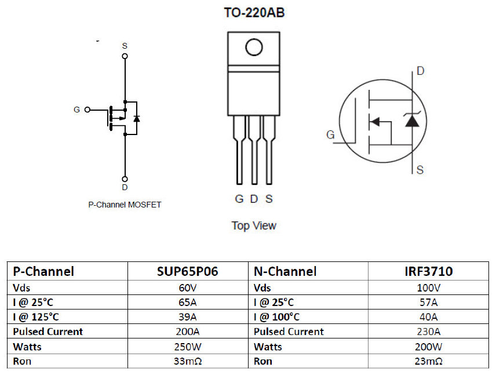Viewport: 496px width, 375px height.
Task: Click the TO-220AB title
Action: tap(254, 12)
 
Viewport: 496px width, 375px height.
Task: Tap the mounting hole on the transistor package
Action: tap(254, 47)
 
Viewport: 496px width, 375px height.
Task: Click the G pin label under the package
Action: tap(239, 199)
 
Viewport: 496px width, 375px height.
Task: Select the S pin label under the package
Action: tap(269, 199)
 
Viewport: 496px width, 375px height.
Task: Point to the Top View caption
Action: tap(254, 225)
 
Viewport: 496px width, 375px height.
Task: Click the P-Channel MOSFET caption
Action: tap(125, 205)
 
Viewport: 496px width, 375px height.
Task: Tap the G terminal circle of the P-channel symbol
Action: tap(88, 109)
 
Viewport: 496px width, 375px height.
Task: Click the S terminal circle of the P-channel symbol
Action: tap(125, 56)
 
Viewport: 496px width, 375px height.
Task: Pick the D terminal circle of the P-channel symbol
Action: tap(125, 179)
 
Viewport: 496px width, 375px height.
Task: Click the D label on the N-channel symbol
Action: tap(420, 71)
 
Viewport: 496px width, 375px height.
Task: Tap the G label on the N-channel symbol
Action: tap(330, 135)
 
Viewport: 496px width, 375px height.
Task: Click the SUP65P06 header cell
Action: tap(188, 271)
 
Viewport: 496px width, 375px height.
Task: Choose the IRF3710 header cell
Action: tap(429, 271)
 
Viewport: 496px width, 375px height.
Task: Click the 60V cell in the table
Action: tap(188, 287)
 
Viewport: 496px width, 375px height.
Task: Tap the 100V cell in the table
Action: tap(429, 287)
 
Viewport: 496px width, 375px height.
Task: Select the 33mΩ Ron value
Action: tap(188, 361)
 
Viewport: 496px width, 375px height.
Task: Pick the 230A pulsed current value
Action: tap(429, 332)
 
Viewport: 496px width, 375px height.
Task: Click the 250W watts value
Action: tap(188, 346)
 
